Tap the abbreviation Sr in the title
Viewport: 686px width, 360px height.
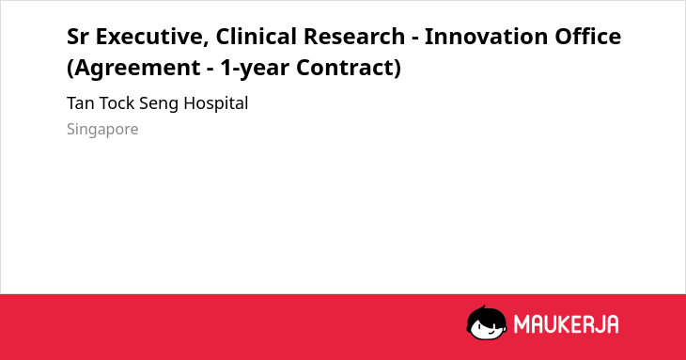77,37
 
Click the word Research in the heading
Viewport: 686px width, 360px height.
354,37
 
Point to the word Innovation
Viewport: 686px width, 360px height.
486,37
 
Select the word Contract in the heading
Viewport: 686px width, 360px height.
345,68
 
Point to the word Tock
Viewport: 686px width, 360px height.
117,103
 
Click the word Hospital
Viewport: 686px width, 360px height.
216,104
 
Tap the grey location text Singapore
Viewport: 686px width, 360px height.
102,130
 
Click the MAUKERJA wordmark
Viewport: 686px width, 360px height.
566,324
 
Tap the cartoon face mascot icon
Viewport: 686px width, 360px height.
487,322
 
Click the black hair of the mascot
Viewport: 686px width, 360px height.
486,314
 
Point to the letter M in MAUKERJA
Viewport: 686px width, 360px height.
522,324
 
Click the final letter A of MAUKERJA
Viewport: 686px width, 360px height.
612,324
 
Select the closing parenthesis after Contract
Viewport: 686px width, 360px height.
398,69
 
